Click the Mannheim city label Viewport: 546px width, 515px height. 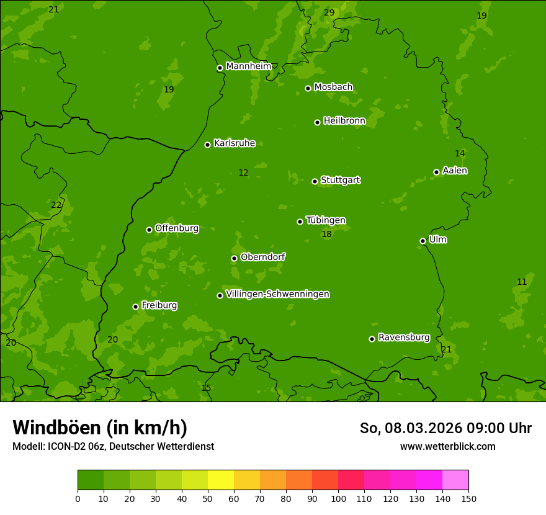pos(248,66)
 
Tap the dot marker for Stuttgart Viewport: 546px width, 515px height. pos(315,181)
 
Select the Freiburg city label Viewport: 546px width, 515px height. pos(159,305)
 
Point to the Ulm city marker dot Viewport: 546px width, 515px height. pos(423,241)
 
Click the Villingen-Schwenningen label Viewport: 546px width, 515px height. pos(277,294)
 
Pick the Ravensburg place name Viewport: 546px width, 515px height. pos(403,338)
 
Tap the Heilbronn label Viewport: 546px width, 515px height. pos(344,121)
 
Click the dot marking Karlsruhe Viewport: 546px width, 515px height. pos(207,145)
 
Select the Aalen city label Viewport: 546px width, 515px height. pos(454,171)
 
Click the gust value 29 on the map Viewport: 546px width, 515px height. pos(329,12)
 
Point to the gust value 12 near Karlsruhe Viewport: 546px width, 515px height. pos(243,173)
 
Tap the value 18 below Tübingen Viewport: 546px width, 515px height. pos(326,235)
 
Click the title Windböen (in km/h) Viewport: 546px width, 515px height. pos(100,428)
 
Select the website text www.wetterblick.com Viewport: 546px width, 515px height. pos(447,446)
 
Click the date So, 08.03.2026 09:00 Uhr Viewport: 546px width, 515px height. pos(445,428)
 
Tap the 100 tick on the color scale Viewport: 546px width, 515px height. pos(338,498)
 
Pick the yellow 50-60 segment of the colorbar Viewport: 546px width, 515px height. pos(221,480)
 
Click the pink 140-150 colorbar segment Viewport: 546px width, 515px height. pos(455,480)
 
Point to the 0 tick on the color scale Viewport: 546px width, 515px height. pos(78,498)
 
